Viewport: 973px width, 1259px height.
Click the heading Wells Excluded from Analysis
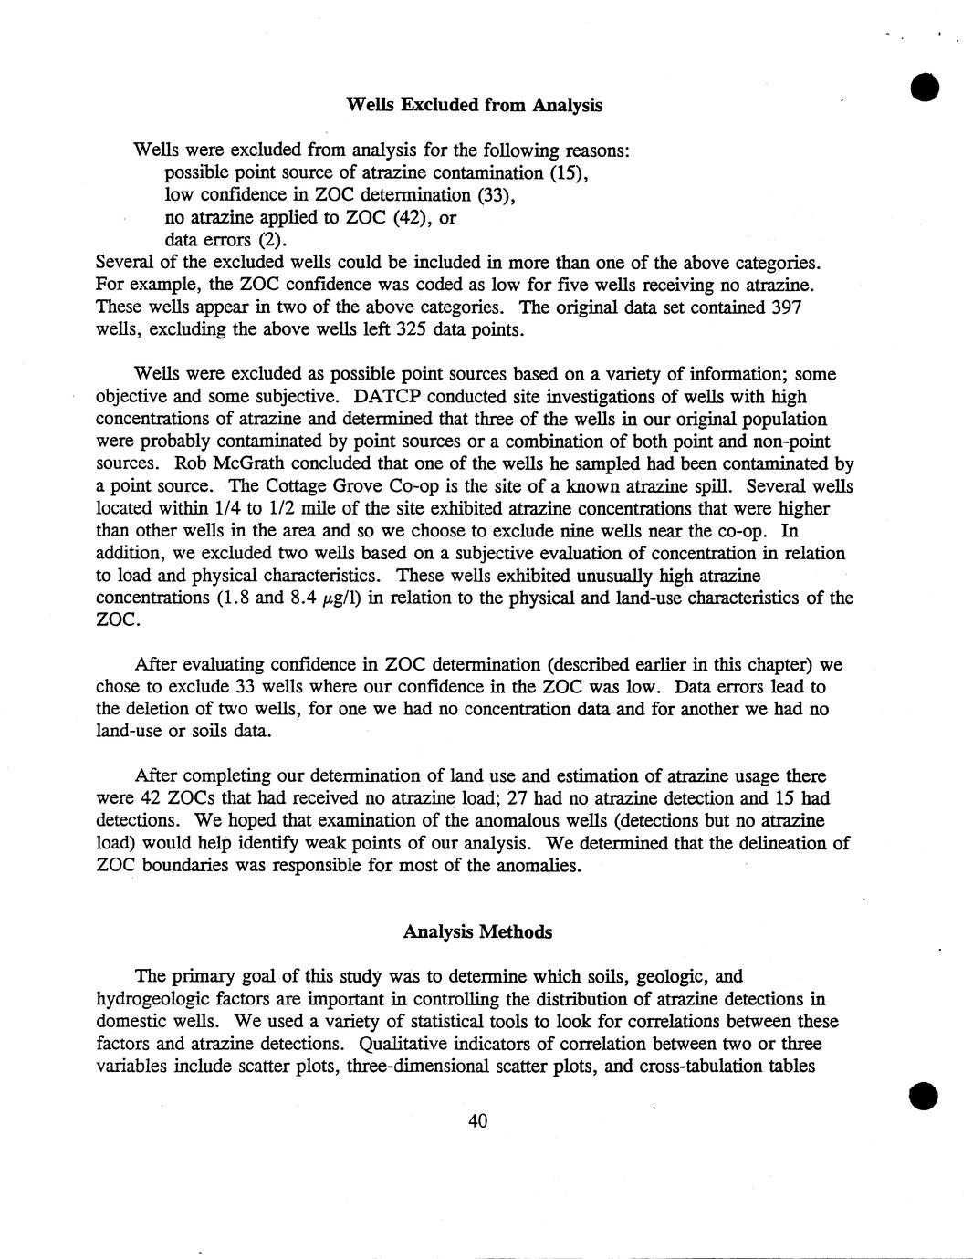point(475,105)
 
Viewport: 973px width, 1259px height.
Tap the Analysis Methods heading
point(477,931)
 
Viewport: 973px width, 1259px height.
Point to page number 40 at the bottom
point(477,1121)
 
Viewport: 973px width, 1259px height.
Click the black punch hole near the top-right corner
point(925,88)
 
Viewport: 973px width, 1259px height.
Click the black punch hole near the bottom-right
point(924,1095)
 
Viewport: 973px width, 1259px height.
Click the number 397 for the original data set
point(786,307)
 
